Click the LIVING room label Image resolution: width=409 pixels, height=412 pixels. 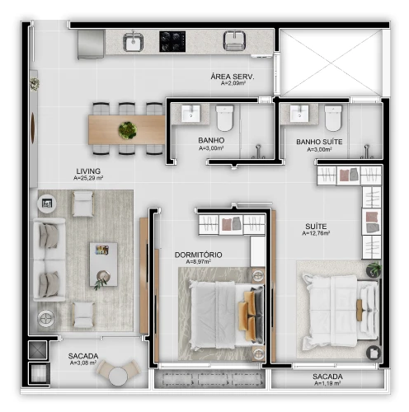87,171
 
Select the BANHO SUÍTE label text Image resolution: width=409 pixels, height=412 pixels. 318,142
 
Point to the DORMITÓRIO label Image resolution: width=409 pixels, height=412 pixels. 198,255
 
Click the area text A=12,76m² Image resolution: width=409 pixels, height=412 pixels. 316,234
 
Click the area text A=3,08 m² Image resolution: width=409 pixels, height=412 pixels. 82,363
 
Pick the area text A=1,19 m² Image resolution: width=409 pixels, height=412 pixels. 327,384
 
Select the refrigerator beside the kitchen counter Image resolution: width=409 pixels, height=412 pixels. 89,44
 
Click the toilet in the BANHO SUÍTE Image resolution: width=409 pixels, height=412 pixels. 333,119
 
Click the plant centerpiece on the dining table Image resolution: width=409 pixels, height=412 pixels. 128,129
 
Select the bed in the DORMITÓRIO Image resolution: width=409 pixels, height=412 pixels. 220,311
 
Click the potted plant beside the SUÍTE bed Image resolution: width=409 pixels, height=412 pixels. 374,269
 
